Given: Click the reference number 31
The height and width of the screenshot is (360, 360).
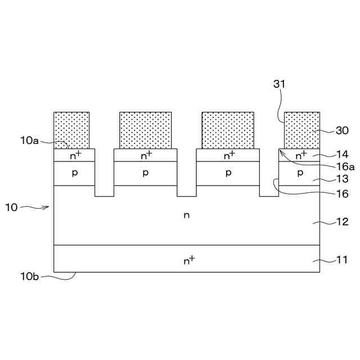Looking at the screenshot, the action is coord(280,84).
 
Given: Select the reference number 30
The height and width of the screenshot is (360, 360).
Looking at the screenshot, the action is coord(342,130).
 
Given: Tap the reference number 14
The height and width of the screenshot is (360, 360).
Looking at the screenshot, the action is coord(342,154).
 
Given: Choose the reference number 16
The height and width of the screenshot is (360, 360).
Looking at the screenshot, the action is coord(342,194).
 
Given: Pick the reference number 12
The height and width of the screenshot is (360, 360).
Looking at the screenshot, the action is coord(342,222).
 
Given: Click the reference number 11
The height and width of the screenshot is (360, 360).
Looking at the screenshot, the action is coord(342,260).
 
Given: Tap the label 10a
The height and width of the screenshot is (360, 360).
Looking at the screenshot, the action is coord(28,141).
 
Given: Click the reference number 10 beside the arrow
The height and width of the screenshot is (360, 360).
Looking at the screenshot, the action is coord(11,207).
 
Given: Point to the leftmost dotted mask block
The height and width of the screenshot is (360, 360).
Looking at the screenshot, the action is coord(71,130).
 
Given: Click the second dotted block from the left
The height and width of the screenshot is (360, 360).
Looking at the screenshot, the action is coord(145,130).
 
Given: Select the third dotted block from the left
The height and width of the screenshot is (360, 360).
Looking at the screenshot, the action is coord(228,130).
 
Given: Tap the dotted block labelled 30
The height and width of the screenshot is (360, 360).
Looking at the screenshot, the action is coord(301,130).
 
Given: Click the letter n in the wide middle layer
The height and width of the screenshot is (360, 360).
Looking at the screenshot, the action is coord(187,215).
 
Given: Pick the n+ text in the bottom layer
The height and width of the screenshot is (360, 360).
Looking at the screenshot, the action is coord(189,259).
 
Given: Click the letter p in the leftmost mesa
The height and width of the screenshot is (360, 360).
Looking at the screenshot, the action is coord(74,173).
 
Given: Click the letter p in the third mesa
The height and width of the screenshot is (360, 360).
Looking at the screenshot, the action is coord(228,173).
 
